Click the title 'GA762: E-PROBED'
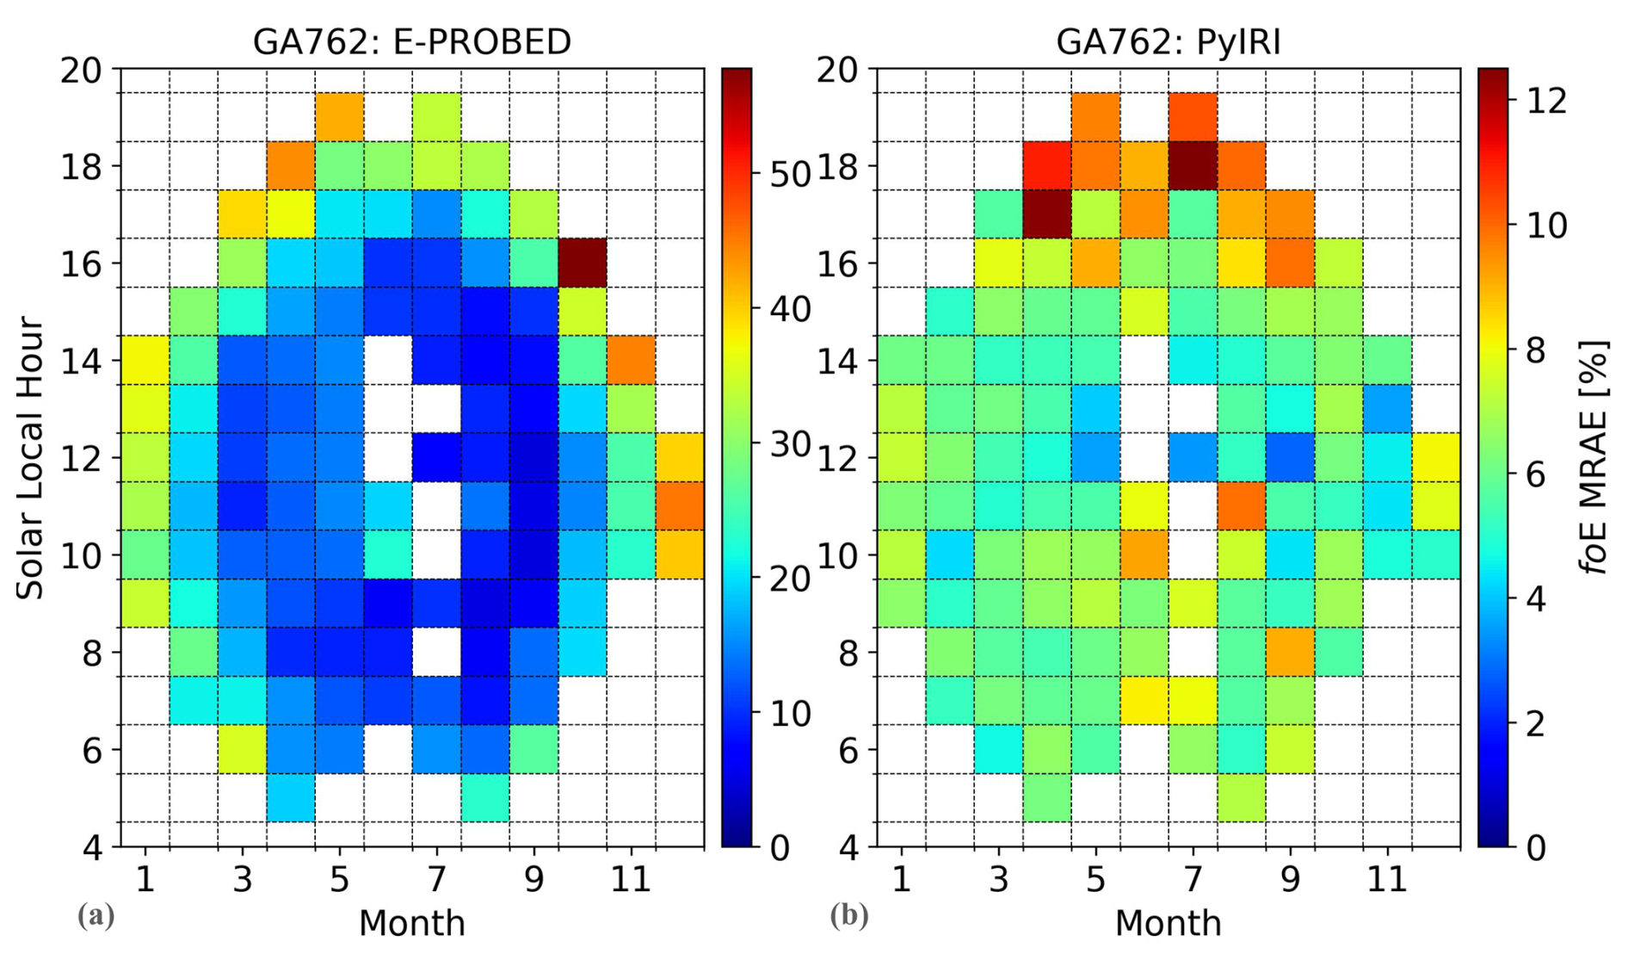click(411, 41)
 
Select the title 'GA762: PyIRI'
click(1168, 41)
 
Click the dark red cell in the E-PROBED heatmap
click(583, 263)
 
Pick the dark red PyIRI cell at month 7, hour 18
click(1193, 165)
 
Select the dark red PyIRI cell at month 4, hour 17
click(1047, 214)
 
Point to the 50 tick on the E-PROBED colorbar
click(790, 175)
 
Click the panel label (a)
click(96, 915)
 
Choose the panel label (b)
click(848, 915)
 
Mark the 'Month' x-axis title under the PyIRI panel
click(1168, 923)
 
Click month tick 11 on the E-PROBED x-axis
click(631, 880)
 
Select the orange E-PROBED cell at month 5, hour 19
click(339, 117)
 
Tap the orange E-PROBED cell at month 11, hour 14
click(631, 360)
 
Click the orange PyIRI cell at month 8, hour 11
click(1241, 506)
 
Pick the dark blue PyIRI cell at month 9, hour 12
click(1290, 457)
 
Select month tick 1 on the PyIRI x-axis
click(901, 880)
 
